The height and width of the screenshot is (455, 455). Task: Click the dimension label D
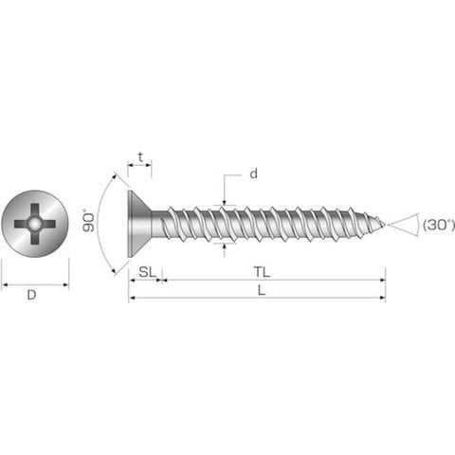31,295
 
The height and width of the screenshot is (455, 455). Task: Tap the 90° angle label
88,221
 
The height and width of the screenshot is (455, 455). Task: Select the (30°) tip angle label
438,225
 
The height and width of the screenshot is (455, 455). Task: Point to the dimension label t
140,157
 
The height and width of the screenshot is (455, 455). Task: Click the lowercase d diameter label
253,173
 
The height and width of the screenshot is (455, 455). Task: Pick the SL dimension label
148,272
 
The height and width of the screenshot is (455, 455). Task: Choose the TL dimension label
262,272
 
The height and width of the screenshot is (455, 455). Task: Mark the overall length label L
262,290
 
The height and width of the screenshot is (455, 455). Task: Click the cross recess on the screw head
35,224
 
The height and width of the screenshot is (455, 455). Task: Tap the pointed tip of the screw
384,225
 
